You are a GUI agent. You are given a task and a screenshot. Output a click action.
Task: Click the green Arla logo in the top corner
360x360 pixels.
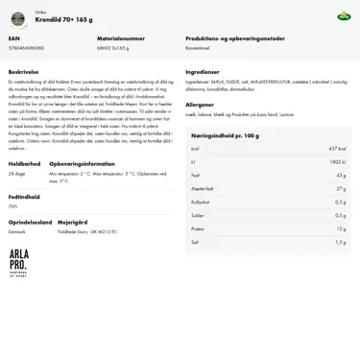(344, 16)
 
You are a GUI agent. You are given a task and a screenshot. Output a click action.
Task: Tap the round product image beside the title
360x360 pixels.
(17, 18)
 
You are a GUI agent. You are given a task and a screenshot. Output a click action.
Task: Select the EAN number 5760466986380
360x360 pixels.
(26, 47)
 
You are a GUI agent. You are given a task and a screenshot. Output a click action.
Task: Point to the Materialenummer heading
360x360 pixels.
(121, 38)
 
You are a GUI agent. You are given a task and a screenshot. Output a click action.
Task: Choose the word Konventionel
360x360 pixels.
(198, 47)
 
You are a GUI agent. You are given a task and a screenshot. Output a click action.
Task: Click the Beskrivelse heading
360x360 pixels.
(24, 71)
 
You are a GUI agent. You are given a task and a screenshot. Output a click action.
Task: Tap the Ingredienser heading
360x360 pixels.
(203, 71)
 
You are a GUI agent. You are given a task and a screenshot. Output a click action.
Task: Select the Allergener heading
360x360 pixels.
(200, 104)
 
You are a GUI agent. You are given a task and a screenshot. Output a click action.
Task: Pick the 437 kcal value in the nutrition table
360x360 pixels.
(336, 149)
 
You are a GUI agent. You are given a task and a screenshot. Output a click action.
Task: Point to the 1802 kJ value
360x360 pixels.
(337, 162)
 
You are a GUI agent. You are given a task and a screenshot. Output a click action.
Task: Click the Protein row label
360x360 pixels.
(198, 228)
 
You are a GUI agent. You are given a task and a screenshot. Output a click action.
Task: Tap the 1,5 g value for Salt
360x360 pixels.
(340, 242)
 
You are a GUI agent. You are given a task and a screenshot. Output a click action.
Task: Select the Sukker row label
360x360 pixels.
(198, 215)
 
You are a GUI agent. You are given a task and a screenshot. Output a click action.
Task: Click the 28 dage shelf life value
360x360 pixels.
(17, 174)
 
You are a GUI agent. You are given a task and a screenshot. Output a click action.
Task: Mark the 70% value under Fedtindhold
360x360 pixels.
(13, 206)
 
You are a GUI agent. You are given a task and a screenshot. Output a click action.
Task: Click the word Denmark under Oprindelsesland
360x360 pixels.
(17, 231)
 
